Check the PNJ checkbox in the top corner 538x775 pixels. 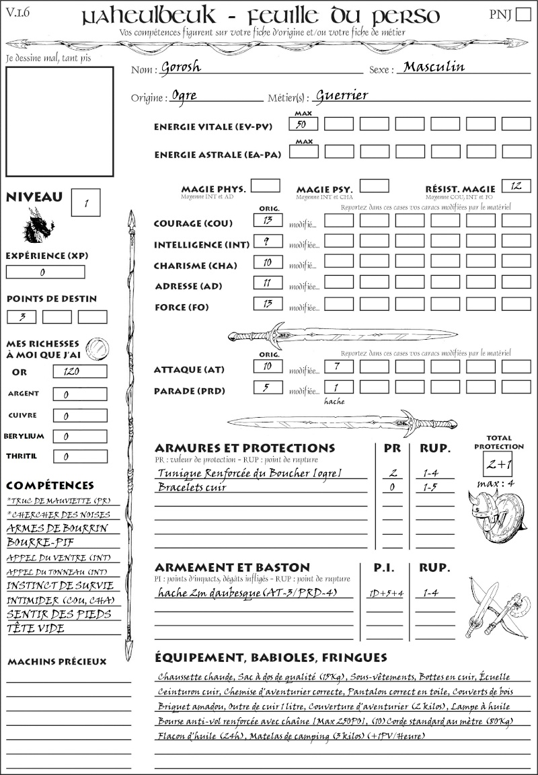point(521,14)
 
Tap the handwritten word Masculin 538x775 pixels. point(434,67)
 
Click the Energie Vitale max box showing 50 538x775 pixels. point(304,124)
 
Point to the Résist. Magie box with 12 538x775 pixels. point(516,186)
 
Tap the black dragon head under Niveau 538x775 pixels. point(38,226)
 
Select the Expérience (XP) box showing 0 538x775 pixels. point(45,272)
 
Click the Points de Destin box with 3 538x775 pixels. point(22,316)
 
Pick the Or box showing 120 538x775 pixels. point(79,371)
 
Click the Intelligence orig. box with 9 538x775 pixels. point(267,241)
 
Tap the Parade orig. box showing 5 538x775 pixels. point(267,387)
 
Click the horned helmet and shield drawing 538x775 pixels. point(498,514)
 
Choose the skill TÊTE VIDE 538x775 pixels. point(36,628)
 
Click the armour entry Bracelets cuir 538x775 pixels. point(192,486)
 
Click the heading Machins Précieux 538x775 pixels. point(57,662)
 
